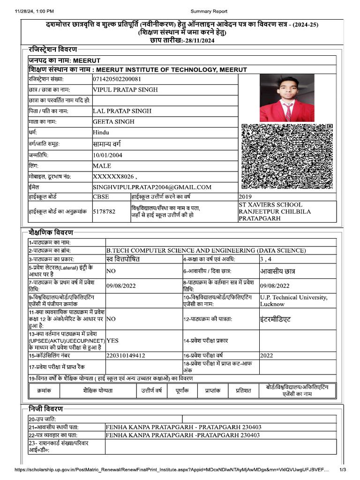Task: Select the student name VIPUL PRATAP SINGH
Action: click(x=125, y=90)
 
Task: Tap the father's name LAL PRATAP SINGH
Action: click(x=122, y=111)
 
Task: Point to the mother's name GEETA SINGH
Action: click(x=114, y=122)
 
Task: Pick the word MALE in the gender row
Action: click(x=102, y=166)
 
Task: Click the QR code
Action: click(x=287, y=156)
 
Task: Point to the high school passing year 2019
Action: click(x=246, y=197)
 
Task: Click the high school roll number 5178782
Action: click(x=104, y=212)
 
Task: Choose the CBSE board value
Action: click(x=101, y=197)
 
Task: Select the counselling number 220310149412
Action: click(x=126, y=356)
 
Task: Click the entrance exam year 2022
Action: click(x=266, y=356)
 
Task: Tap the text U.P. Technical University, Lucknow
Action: click(x=293, y=300)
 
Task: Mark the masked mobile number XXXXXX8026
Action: click(x=114, y=177)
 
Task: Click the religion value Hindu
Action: click(x=101, y=133)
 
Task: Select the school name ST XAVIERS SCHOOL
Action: click(x=270, y=205)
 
